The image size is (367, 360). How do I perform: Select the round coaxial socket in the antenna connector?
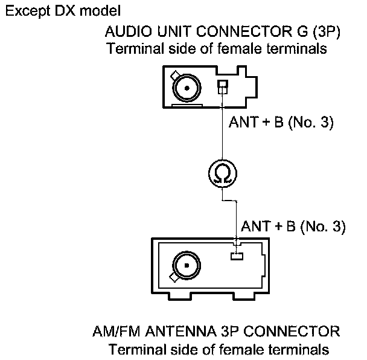coord(185,263)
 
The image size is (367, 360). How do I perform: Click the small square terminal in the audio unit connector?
coord(222,86)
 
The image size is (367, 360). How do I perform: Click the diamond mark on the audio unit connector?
coord(174,76)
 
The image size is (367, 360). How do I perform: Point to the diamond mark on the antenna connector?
coord(174,278)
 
